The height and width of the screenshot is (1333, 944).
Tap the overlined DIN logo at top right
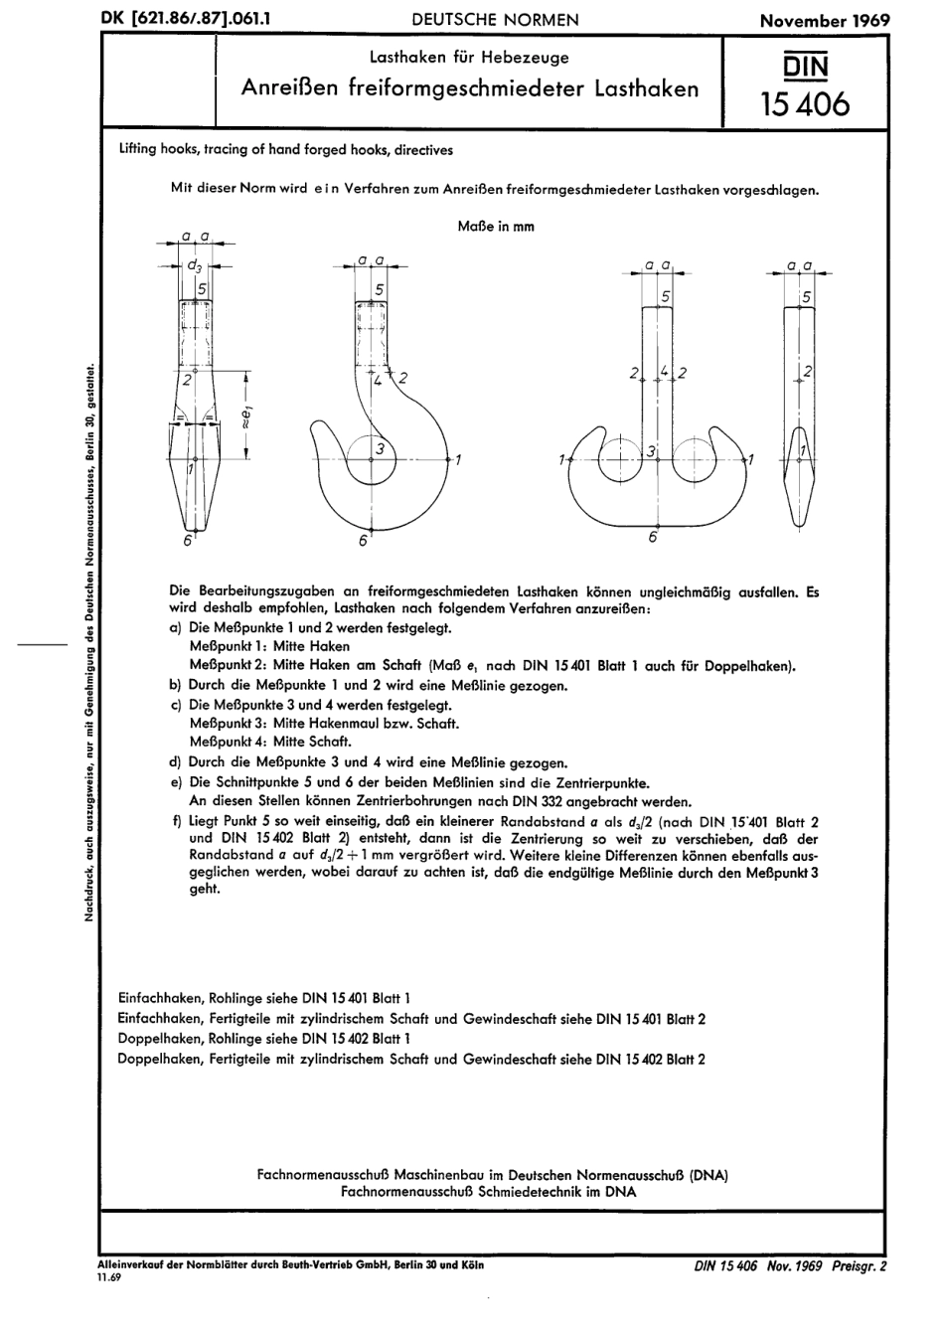tap(806, 67)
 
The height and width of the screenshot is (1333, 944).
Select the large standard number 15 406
tap(805, 103)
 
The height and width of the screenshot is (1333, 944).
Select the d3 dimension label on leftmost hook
tap(196, 266)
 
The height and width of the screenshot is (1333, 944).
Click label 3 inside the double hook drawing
tap(652, 452)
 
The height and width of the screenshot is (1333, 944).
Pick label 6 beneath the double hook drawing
tap(653, 537)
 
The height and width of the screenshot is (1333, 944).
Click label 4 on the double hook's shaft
tap(663, 371)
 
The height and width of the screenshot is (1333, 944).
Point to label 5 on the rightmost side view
tap(806, 297)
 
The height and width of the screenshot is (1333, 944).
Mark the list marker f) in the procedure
tap(177, 821)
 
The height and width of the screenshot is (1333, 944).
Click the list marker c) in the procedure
tap(177, 705)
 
